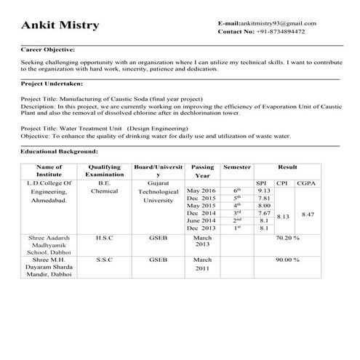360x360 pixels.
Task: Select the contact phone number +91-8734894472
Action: [x=280, y=31]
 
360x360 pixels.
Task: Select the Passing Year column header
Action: [x=202, y=171]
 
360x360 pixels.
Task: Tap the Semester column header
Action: [x=236, y=167]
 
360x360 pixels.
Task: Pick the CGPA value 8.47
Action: [x=308, y=215]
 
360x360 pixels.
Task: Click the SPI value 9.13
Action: [x=264, y=191]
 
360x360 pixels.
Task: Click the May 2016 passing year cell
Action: [x=201, y=191]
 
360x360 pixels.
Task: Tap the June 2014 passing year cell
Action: [x=201, y=220]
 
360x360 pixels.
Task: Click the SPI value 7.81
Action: [x=264, y=198]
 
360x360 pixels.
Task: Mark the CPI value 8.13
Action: [x=284, y=217]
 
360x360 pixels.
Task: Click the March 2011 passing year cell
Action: [x=202, y=264]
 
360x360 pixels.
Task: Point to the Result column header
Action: [x=287, y=167]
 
